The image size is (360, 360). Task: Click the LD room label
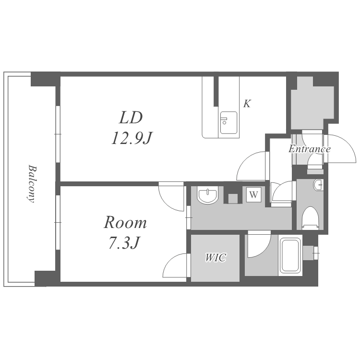(x=131, y=118)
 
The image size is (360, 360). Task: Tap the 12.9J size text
(x=132, y=138)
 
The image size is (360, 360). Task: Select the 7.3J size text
(x=124, y=243)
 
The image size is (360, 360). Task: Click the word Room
(x=125, y=222)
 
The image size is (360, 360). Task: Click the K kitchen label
(x=247, y=104)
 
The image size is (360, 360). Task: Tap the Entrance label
(x=310, y=149)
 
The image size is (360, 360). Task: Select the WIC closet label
(x=216, y=258)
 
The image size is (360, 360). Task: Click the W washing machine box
(x=254, y=195)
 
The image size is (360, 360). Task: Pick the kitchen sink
(x=228, y=122)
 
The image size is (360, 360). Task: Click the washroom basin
(x=207, y=196)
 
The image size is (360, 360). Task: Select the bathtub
(x=290, y=256)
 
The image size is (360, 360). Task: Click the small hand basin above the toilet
(x=318, y=185)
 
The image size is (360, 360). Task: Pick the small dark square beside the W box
(x=233, y=199)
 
